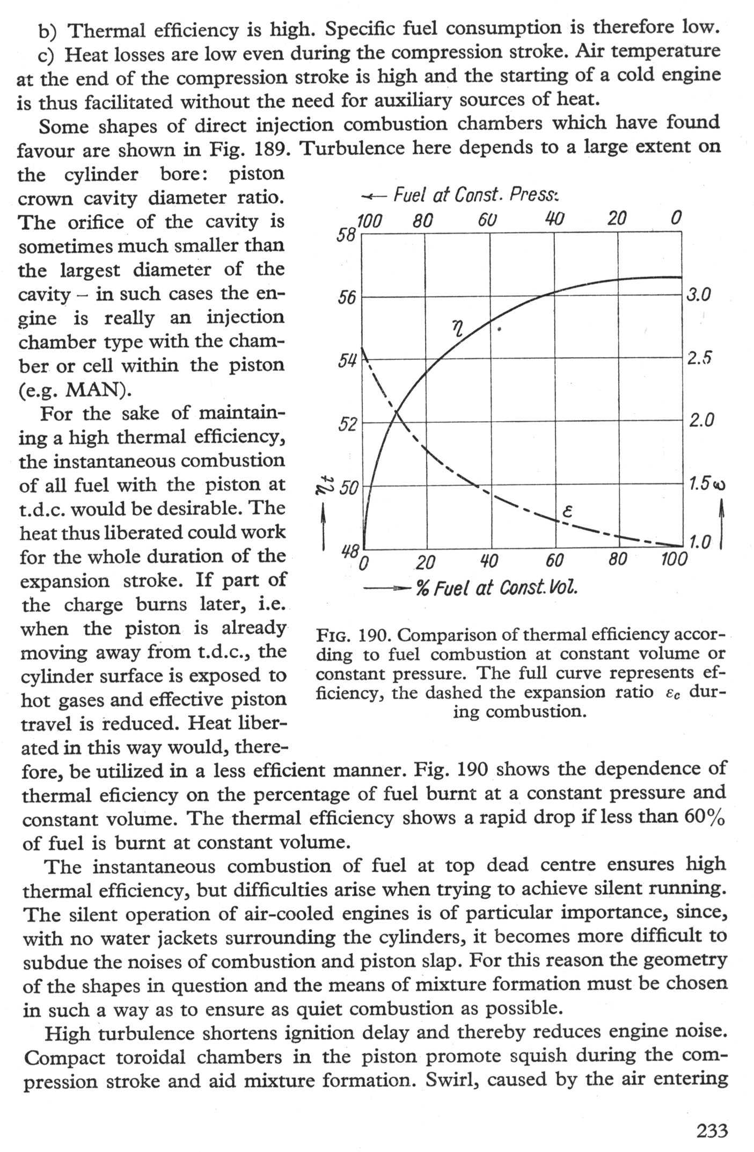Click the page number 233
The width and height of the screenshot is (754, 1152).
coord(712,1131)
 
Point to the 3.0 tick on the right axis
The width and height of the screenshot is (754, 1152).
coord(699,295)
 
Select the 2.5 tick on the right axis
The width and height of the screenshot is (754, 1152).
coord(699,358)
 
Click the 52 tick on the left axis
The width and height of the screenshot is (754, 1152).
coord(347,424)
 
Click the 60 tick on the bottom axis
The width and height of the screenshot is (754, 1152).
coord(555,561)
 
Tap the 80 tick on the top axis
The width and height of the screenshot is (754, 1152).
coord(423,219)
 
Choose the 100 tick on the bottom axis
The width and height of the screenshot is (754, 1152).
coord(674,560)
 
